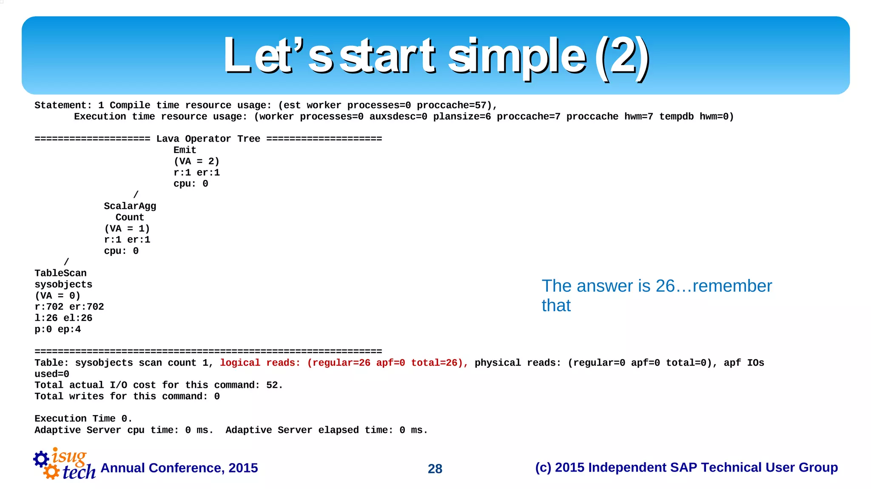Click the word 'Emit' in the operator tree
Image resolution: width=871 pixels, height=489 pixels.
coord(185,150)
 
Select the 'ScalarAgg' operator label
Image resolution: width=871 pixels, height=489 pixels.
coord(130,206)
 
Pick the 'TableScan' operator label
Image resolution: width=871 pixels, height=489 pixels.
coord(60,273)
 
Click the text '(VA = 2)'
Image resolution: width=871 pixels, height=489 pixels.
coord(196,161)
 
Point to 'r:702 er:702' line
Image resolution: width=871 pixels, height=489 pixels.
coord(69,307)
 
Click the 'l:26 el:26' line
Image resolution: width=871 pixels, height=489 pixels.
coord(63,318)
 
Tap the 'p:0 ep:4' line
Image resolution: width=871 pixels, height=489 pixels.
coord(57,330)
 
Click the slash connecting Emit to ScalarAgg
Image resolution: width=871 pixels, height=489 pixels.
coord(136,195)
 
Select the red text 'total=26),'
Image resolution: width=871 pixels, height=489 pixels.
coord(439,363)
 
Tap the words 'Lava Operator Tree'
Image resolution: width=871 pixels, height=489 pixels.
coord(208,139)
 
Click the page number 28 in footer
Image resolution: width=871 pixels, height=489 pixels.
coord(435,469)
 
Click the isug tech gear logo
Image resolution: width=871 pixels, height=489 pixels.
coord(64,464)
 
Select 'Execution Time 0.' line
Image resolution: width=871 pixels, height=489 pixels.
coord(83,419)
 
